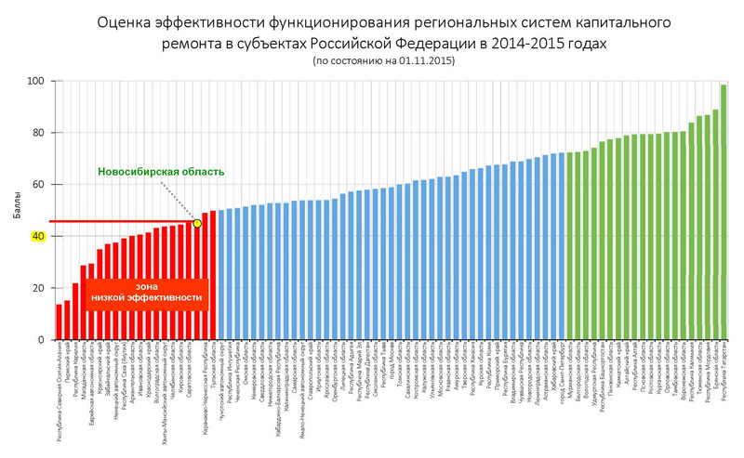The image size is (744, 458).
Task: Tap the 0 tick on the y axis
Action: [x=40, y=340]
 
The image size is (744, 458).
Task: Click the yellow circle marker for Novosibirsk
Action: [x=197, y=224]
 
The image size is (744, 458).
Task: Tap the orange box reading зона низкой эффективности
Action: [x=146, y=292]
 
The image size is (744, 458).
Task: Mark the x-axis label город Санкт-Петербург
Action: [x=562, y=372]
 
